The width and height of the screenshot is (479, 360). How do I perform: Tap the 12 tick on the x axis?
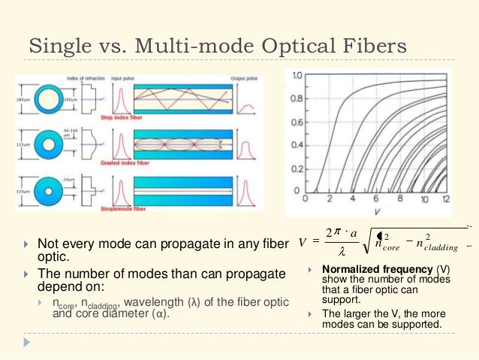click(x=447, y=200)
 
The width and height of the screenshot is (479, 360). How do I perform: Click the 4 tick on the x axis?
click(x=352, y=200)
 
